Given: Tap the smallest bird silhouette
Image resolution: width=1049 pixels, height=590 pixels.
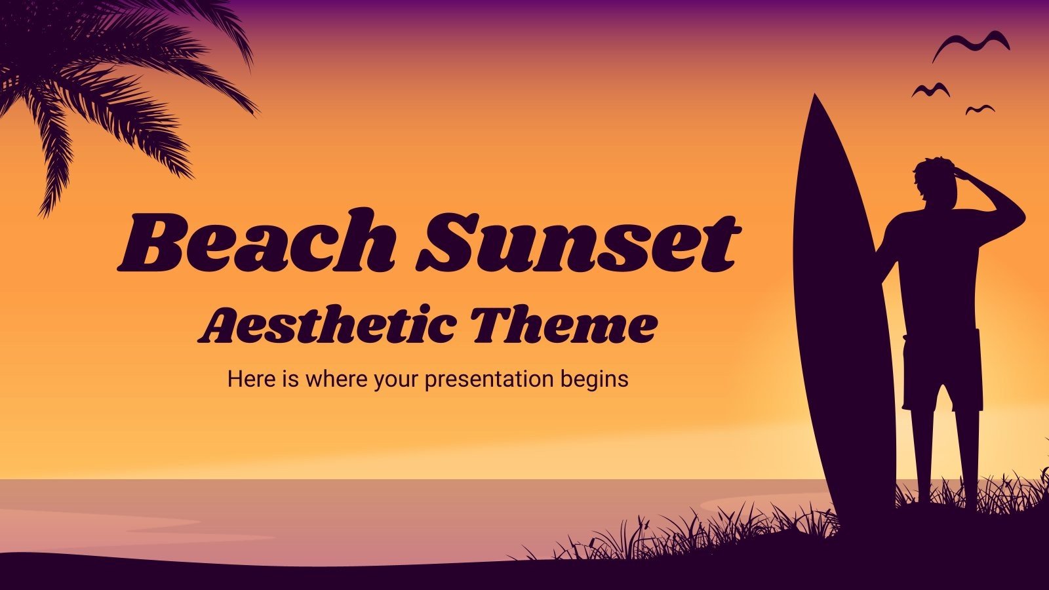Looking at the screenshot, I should (980, 109).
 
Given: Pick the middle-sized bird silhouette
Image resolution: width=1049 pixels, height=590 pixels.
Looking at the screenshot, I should (930, 90).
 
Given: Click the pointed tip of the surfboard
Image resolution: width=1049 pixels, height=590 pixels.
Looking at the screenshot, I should (815, 98).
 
